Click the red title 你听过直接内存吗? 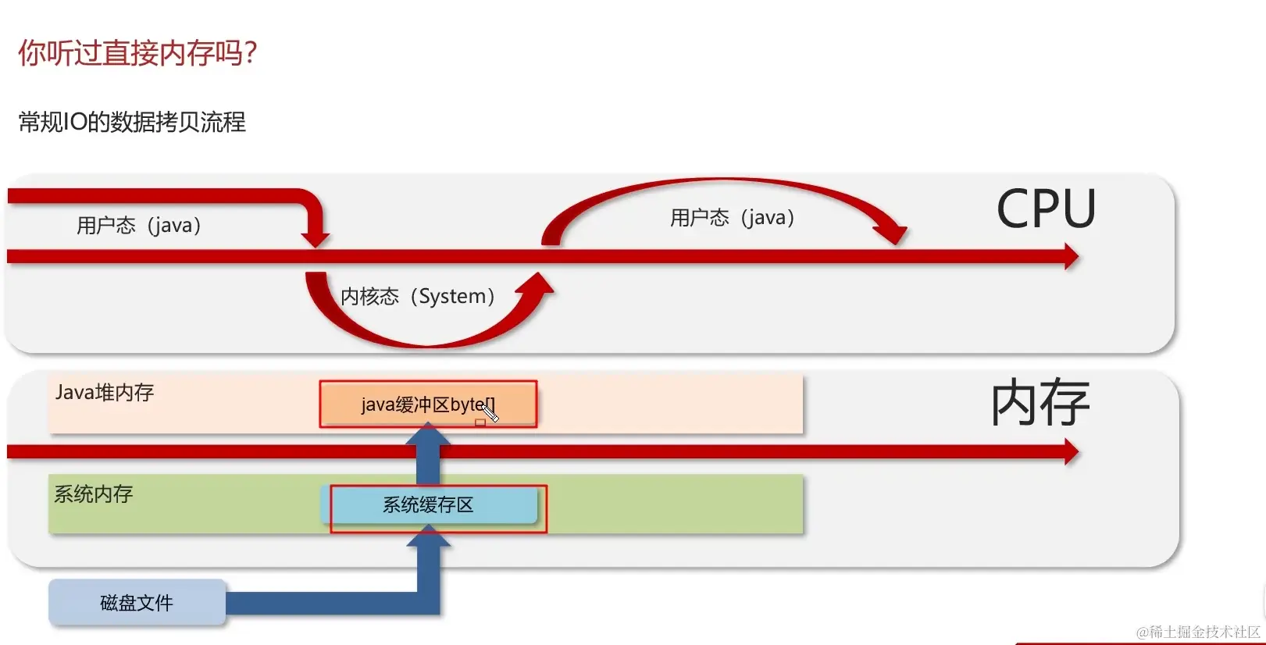click(x=137, y=53)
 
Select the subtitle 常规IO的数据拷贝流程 click(x=132, y=123)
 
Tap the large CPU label click(x=1046, y=209)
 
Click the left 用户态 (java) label click(x=139, y=226)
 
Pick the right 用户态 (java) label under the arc click(x=732, y=218)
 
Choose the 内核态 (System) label click(x=418, y=297)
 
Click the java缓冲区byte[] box click(x=428, y=404)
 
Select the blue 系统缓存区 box click(x=430, y=505)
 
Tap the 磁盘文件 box click(x=137, y=603)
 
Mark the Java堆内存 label click(x=105, y=392)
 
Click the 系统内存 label click(x=94, y=494)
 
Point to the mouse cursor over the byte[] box click(x=490, y=412)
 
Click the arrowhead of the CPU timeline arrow click(x=1071, y=256)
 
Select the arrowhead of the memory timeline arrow click(x=1071, y=451)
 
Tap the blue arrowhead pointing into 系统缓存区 click(x=428, y=535)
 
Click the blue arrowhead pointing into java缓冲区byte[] click(x=428, y=433)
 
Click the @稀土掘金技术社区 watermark click(x=1198, y=632)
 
